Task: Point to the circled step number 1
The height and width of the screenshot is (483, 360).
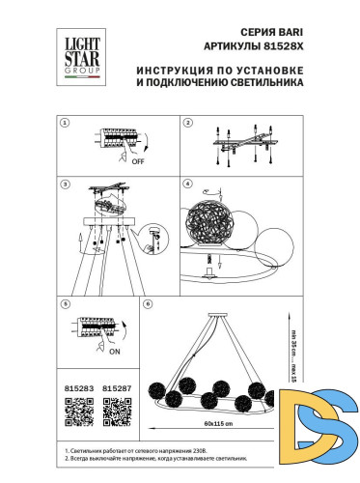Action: tap(65, 124)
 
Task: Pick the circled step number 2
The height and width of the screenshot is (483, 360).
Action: tap(188, 124)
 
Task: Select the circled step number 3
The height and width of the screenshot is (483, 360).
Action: tap(65, 183)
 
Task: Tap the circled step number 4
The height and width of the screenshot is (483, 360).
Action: tap(188, 183)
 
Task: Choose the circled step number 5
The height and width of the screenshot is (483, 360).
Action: tap(65, 304)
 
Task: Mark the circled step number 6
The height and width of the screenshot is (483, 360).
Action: tap(147, 304)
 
